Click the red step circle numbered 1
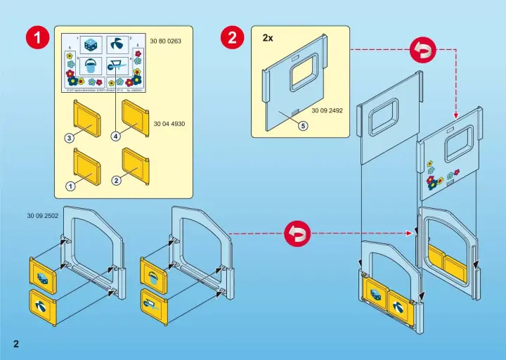coord(37,39)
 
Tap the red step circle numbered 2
coord(233,39)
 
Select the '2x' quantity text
coord(268,37)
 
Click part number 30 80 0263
coord(166,41)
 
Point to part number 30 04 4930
coord(169,124)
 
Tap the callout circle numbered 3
coord(70,138)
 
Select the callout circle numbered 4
coord(114,137)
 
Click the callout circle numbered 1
coord(70,186)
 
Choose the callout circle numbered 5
coord(303,127)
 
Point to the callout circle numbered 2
coord(116,180)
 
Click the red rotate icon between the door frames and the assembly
coord(297,233)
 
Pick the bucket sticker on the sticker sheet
coord(91,67)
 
